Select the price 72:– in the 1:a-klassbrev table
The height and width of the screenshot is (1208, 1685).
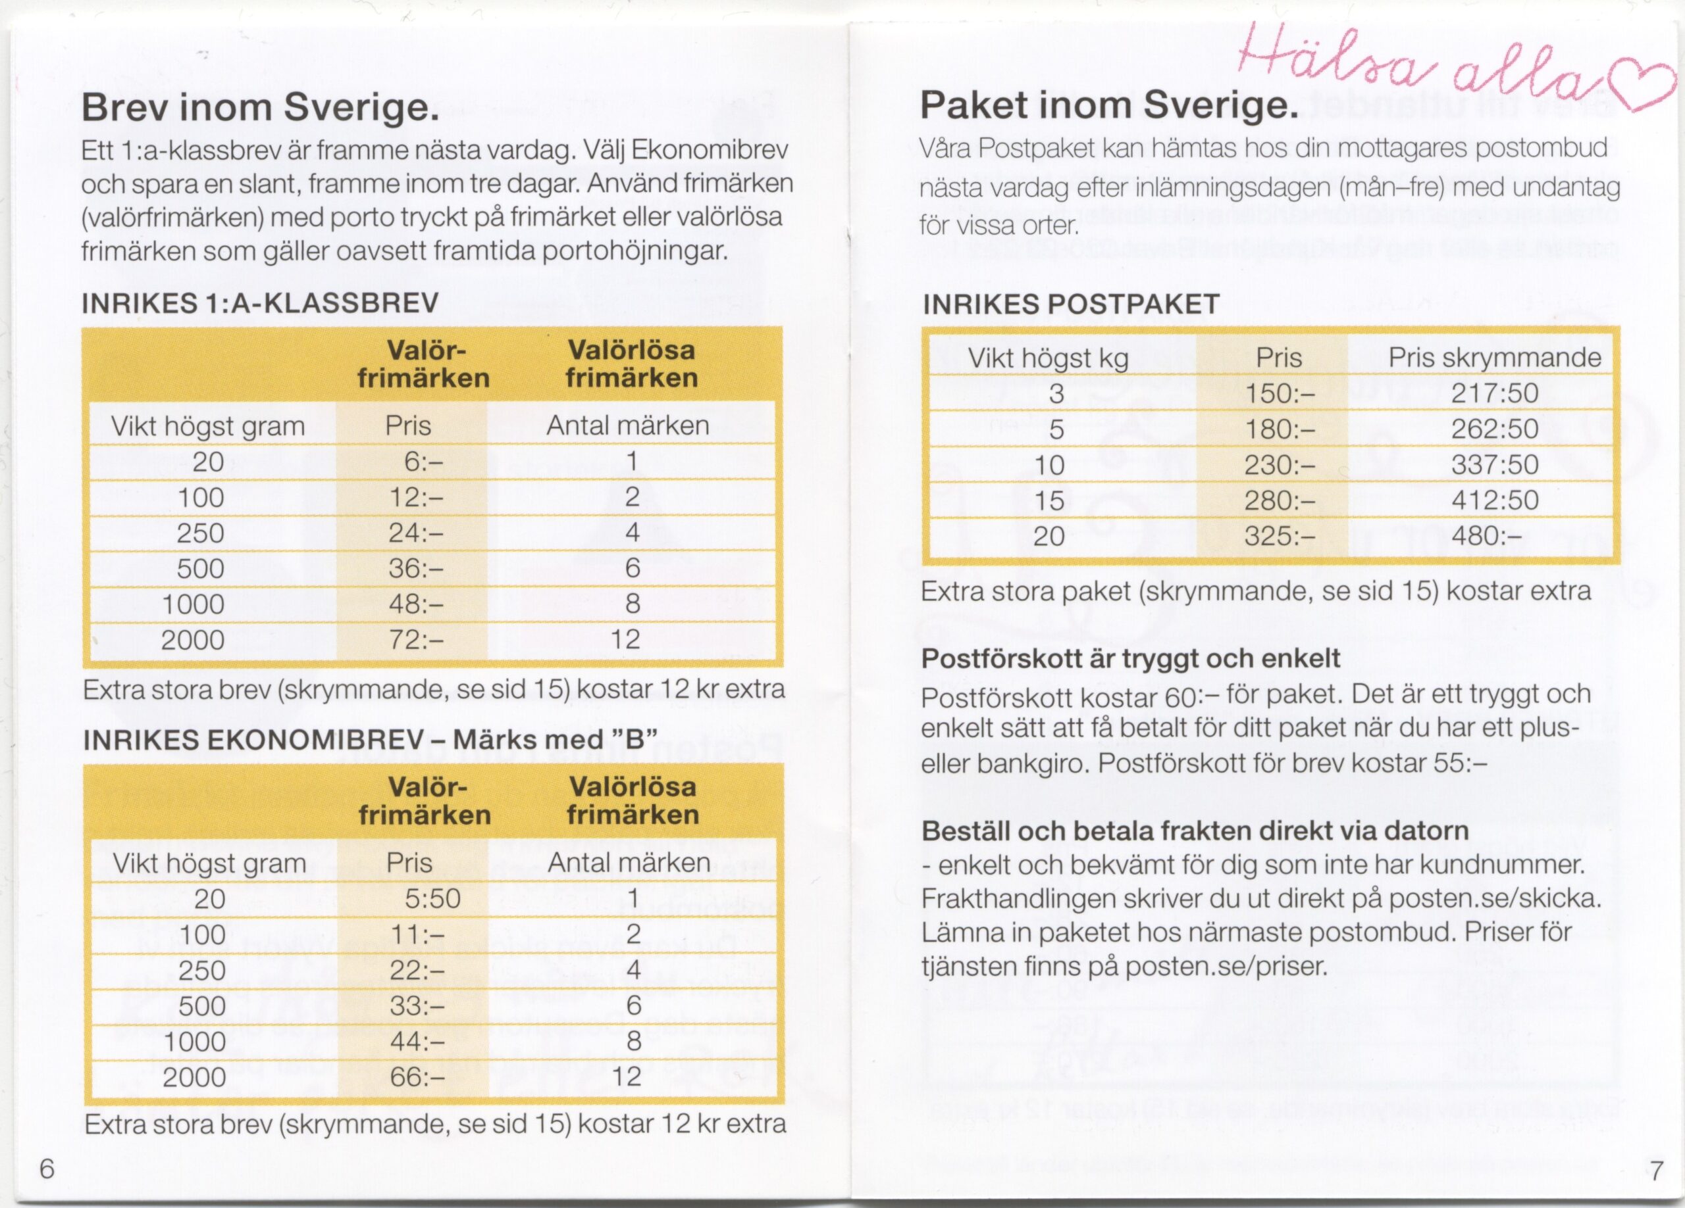pos(416,639)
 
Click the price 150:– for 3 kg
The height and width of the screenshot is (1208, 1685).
pos(1280,393)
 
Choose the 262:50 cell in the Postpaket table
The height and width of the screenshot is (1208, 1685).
pos(1494,429)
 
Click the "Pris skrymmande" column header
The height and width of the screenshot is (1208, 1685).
pos(1494,358)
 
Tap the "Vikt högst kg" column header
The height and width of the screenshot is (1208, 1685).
pos(1048,358)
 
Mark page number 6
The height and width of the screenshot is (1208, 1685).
pos(47,1169)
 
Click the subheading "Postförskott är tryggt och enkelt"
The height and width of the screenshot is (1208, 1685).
pos(1130,658)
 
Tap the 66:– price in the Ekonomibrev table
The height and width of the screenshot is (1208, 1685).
pos(417,1076)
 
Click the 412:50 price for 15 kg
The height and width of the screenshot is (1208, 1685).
pos(1494,500)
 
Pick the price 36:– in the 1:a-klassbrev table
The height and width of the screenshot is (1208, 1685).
pos(416,569)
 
